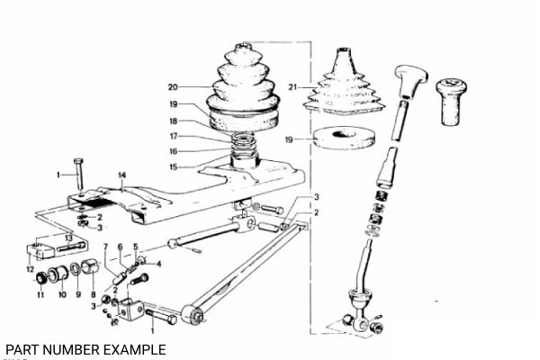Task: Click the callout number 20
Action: pyautogui.click(x=173, y=87)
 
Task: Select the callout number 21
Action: pyautogui.click(x=292, y=87)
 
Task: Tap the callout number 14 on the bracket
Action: pyautogui.click(x=121, y=175)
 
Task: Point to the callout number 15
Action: pyautogui.click(x=173, y=167)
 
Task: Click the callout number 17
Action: pyautogui.click(x=174, y=137)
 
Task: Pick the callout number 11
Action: pyautogui.click(x=40, y=294)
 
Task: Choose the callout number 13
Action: pyautogui.click(x=69, y=238)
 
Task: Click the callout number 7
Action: pyautogui.click(x=105, y=247)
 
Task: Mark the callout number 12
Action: pyautogui.click(x=31, y=269)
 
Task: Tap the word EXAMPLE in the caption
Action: pyautogui.click(x=135, y=350)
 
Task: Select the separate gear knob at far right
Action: pyautogui.click(x=451, y=102)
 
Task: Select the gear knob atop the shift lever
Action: pyautogui.click(x=411, y=81)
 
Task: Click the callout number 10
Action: pyautogui.click(x=62, y=294)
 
